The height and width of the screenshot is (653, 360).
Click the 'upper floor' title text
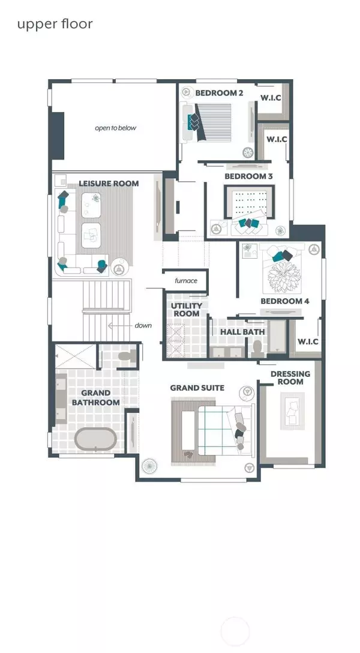click(55, 25)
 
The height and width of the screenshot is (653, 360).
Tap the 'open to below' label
click(115, 128)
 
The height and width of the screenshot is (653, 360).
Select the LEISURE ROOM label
click(109, 184)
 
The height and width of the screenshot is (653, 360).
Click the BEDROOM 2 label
click(220, 93)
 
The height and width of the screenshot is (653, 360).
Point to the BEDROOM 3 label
click(248, 176)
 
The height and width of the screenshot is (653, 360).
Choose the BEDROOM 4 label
click(285, 301)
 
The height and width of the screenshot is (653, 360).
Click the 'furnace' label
click(185, 281)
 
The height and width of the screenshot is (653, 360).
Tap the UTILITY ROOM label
click(186, 310)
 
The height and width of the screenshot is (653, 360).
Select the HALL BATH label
click(242, 332)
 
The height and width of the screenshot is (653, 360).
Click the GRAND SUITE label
click(197, 388)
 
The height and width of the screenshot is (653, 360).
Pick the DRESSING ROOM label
click(290, 378)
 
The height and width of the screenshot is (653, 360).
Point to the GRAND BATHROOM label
click(96, 398)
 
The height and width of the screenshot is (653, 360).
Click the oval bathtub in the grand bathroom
click(95, 439)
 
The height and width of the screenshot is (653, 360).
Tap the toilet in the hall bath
click(257, 348)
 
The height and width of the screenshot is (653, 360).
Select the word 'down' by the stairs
click(143, 325)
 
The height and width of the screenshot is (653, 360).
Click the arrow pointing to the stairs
click(119, 326)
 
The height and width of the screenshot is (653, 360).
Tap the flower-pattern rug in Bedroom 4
click(284, 277)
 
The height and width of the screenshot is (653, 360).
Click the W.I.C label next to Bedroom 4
click(308, 342)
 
